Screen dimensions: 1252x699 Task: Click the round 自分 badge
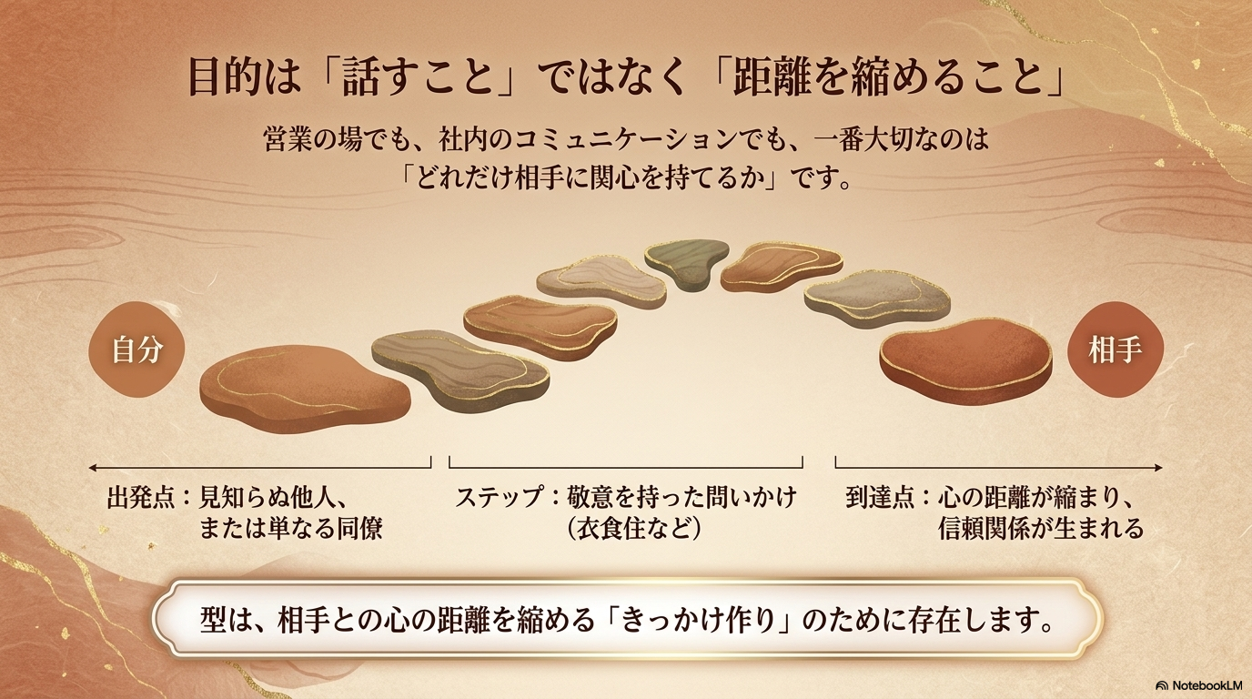coord(136,350)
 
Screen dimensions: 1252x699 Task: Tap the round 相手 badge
coord(1116,350)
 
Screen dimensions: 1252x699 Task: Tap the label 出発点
coord(142,497)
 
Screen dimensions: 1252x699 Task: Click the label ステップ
coord(499,497)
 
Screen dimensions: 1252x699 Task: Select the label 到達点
coord(880,497)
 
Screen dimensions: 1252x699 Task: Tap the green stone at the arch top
coord(687,263)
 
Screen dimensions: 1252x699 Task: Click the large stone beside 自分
coord(305,390)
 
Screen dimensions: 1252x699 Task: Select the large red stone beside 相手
coord(965,360)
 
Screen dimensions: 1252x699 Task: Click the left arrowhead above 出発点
coord(92,468)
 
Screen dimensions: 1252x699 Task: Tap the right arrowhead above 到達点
coord(1159,468)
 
